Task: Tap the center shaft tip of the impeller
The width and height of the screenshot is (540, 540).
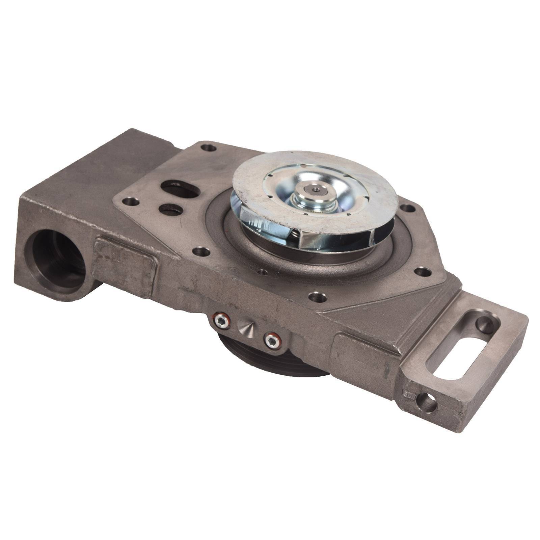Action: click(316, 190)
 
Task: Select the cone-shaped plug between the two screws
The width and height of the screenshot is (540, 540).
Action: click(246, 327)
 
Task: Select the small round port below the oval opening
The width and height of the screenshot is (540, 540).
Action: click(171, 209)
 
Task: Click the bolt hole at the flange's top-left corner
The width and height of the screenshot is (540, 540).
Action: click(208, 147)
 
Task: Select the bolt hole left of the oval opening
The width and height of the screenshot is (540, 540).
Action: click(131, 202)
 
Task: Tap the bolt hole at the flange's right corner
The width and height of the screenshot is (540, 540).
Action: click(408, 208)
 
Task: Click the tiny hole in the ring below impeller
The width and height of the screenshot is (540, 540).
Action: click(261, 271)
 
